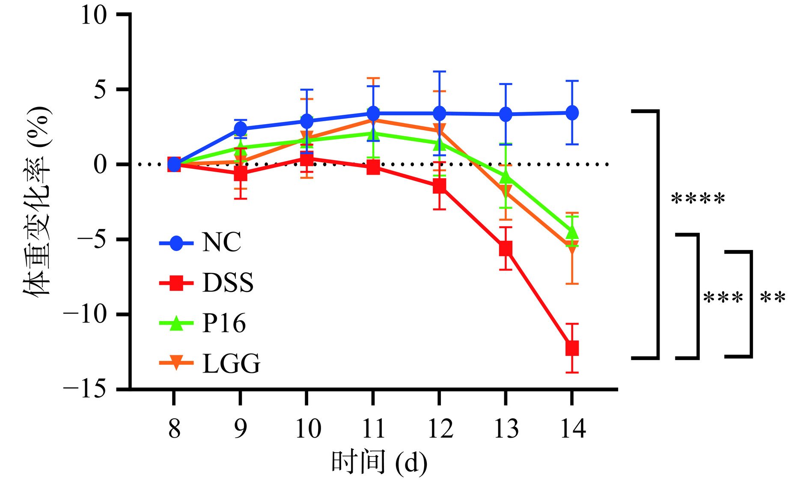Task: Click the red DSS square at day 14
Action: [x=572, y=348]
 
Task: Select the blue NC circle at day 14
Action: [x=572, y=113]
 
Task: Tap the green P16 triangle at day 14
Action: [x=572, y=233]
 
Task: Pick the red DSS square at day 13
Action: [x=506, y=248]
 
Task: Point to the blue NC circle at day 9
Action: [x=240, y=128]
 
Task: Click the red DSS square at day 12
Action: [x=439, y=186]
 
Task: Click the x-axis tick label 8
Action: [x=174, y=429]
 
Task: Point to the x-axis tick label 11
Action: [x=373, y=429]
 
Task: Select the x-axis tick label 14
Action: [x=572, y=429]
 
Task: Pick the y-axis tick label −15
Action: [x=84, y=389]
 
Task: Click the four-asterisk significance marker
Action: [x=698, y=200]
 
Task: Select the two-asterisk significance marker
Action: [x=773, y=298]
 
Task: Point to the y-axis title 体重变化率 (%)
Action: [x=38, y=201]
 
